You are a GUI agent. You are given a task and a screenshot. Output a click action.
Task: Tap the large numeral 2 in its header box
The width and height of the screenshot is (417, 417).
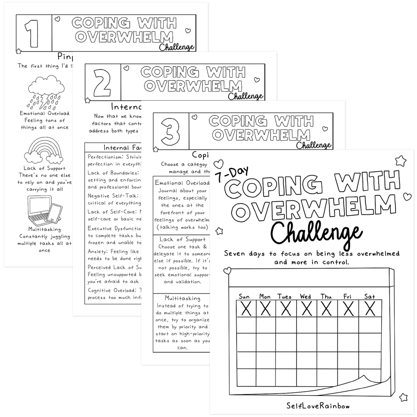pyautogui.click(x=102, y=82)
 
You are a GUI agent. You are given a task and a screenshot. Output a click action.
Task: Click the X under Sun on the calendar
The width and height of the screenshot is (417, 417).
pyautogui.click(x=246, y=309)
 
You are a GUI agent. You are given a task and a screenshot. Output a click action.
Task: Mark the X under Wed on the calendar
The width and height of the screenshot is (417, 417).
pyautogui.click(x=306, y=309)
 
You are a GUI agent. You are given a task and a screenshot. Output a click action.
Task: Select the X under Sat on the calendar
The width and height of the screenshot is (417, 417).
pyautogui.click(x=370, y=309)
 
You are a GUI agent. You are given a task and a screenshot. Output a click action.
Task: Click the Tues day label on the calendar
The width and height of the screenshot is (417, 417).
pyautogui.click(x=285, y=297)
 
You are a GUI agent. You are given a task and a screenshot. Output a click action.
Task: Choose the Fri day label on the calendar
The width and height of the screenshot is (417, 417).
pyautogui.click(x=347, y=297)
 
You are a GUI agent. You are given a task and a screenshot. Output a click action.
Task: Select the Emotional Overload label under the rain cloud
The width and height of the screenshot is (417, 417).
pyautogui.click(x=44, y=113)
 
